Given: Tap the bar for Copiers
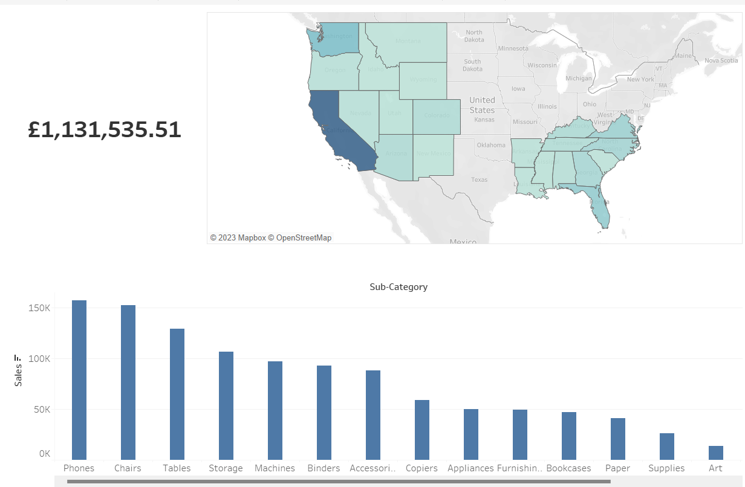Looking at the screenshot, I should [422, 430].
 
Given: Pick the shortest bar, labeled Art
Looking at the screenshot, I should [715, 453].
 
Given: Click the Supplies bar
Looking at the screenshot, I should [667, 446].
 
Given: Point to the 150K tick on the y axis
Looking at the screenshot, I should [40, 308].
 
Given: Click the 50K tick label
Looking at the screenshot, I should [40, 410].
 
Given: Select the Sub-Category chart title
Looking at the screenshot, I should [399, 287].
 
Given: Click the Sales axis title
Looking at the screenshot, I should [18, 371].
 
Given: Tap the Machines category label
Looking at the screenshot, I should [275, 468].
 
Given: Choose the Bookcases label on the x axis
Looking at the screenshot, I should [568, 468].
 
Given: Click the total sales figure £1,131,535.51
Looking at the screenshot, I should [105, 130].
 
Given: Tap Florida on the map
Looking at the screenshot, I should [600, 208].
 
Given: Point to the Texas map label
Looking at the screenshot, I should [479, 179].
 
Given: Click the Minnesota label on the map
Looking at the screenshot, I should [513, 48].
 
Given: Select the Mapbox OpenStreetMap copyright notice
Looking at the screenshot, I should [271, 238].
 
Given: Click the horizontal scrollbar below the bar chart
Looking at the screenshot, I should [339, 482].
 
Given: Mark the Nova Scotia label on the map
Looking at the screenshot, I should [721, 60].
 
